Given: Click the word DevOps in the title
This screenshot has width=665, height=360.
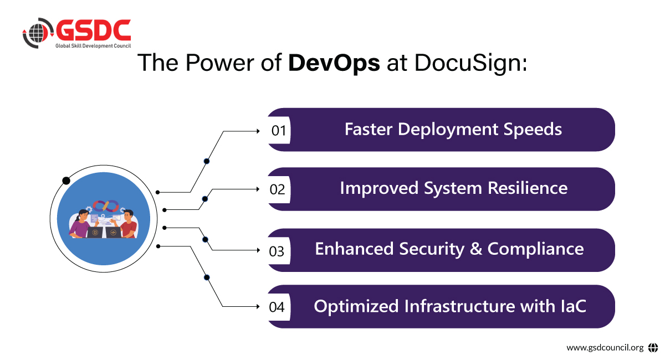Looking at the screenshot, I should (x=334, y=63).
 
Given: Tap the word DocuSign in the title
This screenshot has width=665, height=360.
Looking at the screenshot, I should (x=469, y=63).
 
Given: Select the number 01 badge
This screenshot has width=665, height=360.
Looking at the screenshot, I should (x=278, y=131).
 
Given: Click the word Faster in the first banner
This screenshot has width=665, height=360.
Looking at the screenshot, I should (x=369, y=130).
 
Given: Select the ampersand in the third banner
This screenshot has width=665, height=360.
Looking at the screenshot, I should (x=475, y=249).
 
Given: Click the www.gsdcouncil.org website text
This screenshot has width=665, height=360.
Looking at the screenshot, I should (x=605, y=348).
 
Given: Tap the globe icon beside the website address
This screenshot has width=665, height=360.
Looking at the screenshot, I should (x=653, y=348).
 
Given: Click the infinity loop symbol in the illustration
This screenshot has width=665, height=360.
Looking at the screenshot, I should (x=106, y=206).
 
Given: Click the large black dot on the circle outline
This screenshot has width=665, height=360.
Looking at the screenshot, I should (x=66, y=181).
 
